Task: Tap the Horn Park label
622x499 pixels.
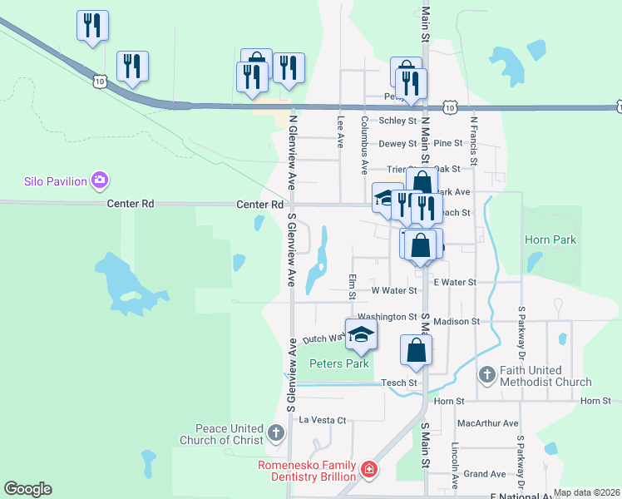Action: coord(550,240)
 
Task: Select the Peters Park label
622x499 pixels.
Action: coord(338,363)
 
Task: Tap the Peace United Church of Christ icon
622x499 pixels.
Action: coord(277,433)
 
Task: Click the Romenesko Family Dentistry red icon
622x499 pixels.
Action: coord(368,471)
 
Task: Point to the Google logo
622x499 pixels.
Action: coord(28,489)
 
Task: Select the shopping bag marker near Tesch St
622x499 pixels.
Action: coord(416,350)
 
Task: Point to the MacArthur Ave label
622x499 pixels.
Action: coord(487,423)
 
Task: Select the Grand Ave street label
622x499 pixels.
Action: coord(485,474)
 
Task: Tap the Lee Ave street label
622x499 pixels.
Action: coord(340,131)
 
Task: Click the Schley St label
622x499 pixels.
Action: coord(397,121)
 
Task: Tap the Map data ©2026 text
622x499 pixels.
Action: coord(586,492)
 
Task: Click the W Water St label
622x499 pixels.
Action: coord(393,291)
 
